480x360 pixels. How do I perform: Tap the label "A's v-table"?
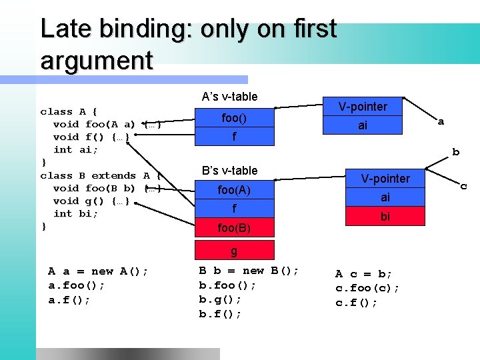click(229, 97)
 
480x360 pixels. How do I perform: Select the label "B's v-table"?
click(229, 171)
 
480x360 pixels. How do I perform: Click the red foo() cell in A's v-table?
click(234, 118)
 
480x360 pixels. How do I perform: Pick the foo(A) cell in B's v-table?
click(234, 190)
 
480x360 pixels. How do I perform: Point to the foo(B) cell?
click(234, 228)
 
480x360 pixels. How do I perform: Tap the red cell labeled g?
click(234, 251)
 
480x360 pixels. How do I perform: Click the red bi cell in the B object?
click(385, 217)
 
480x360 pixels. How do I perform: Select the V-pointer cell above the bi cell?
click(385, 178)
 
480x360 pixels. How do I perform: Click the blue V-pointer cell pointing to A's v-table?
click(362, 107)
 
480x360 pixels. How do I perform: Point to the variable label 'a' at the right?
click(441, 122)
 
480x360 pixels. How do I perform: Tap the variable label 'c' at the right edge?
click(465, 186)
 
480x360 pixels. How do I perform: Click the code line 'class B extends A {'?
click(101, 175)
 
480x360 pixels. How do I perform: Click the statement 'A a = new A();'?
click(98, 271)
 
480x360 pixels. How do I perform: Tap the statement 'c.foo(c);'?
click(367, 288)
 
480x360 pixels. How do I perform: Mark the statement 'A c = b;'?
click(363, 274)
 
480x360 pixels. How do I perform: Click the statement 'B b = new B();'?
click(249, 271)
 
